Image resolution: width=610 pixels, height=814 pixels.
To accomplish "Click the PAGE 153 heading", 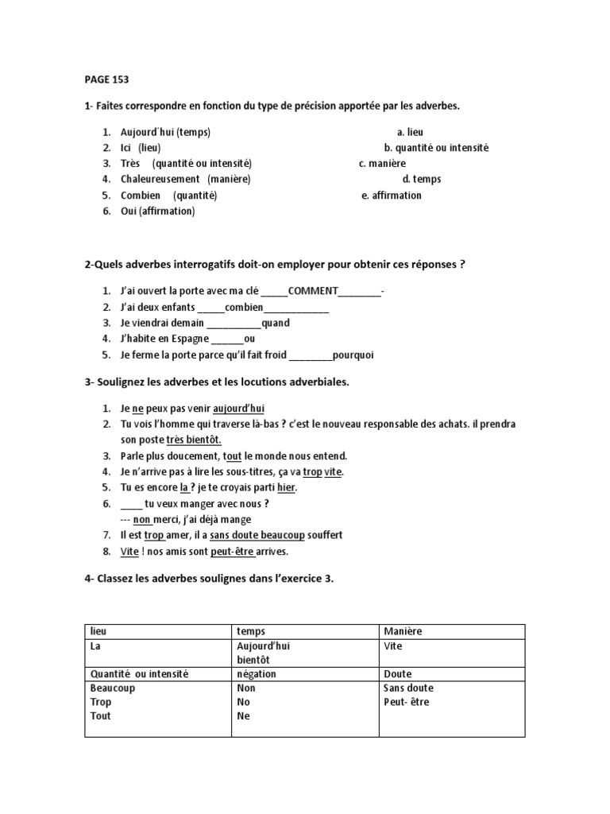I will tap(106, 79).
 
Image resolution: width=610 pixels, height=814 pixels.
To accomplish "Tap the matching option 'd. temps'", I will tap(422, 179).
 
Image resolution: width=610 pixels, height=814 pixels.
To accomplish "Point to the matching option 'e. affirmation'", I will tap(392, 195).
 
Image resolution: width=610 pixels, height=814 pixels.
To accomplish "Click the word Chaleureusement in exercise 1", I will tap(160, 179).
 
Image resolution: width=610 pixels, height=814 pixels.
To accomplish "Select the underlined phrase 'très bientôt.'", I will tap(194, 440).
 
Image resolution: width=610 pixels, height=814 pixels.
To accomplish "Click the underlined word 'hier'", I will tap(286, 487).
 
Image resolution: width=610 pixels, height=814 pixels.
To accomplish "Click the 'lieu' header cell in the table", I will tap(98, 631).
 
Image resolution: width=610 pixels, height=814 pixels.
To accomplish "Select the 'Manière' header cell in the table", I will tap(403, 631).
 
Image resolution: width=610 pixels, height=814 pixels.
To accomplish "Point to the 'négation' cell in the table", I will tap(257, 673).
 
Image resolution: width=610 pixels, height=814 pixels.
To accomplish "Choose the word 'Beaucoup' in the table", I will tap(113, 688).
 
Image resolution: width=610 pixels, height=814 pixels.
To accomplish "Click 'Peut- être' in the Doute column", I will tap(406, 702).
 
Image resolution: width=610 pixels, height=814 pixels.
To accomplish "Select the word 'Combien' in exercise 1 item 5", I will tap(141, 195).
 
